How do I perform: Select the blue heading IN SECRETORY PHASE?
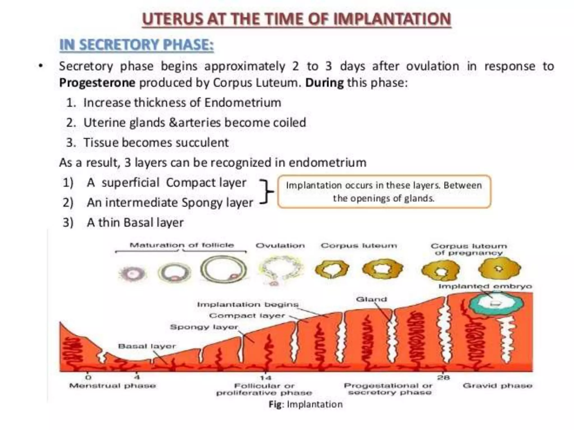[x=136, y=45]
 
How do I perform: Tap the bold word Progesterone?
[x=97, y=83]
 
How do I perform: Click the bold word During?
[x=324, y=83]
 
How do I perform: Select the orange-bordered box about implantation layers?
[x=384, y=192]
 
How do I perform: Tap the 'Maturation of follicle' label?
[x=182, y=245]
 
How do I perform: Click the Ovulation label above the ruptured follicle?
[x=280, y=246]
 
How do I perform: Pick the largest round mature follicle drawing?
[x=224, y=270]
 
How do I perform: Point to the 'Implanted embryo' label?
[x=485, y=286]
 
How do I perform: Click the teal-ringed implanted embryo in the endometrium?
[x=496, y=304]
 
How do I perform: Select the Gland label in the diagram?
[x=371, y=299]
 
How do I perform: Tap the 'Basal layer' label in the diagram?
[x=147, y=346]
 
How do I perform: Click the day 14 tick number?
[x=265, y=378]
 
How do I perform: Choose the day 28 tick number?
[x=444, y=378]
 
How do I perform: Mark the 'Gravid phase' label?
[x=497, y=386]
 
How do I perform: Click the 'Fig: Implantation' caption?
[x=305, y=404]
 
